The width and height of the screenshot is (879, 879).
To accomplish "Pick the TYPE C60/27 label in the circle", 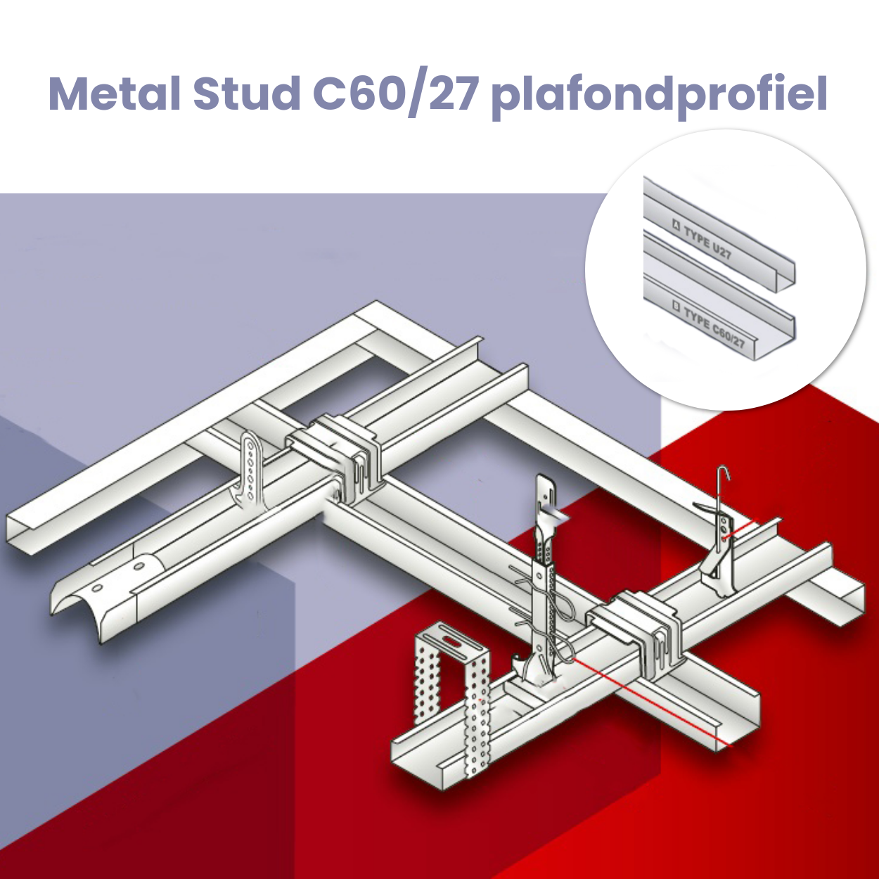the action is [x=714, y=326].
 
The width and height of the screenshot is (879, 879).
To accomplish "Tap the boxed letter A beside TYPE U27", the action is [x=676, y=225].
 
